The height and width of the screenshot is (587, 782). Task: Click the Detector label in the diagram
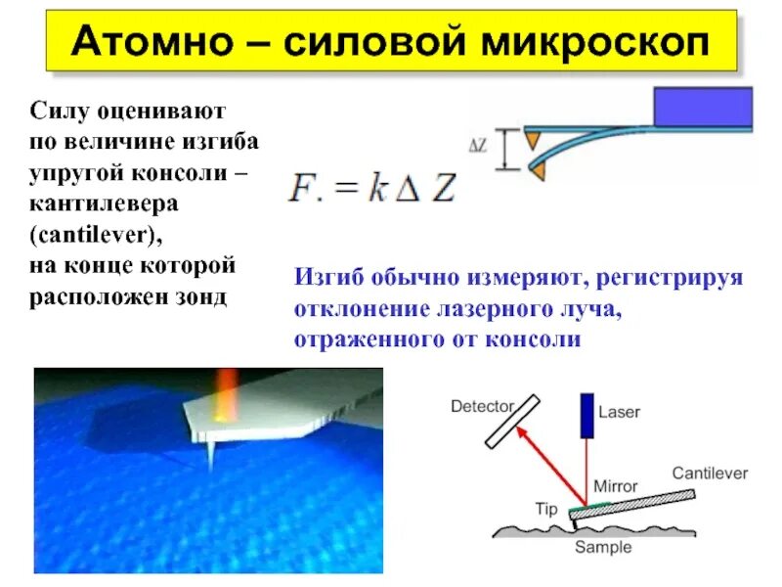(x=482, y=404)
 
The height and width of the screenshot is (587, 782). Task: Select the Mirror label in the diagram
(x=615, y=485)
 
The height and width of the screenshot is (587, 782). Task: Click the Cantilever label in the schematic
(x=710, y=473)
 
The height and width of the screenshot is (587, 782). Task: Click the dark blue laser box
(x=586, y=415)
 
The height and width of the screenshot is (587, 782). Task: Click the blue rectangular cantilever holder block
(x=703, y=107)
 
